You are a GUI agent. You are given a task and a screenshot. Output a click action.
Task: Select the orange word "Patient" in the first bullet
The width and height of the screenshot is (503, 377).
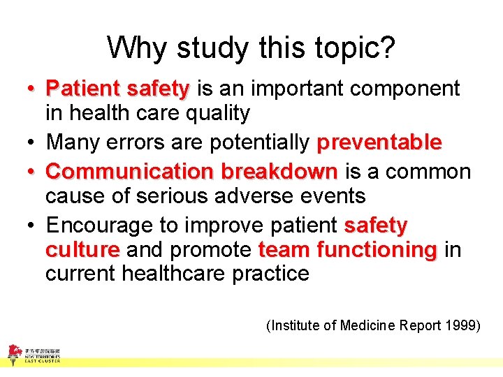pos(82,89)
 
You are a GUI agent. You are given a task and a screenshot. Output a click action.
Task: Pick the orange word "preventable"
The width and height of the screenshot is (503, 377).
pos(379,142)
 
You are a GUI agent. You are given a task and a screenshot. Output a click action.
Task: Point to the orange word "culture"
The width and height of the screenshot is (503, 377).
pos(82,249)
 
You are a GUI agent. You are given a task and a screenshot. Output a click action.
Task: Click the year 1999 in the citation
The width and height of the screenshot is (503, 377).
pos(463,325)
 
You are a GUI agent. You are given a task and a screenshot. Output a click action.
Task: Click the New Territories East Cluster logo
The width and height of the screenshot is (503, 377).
pos(34,354)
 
